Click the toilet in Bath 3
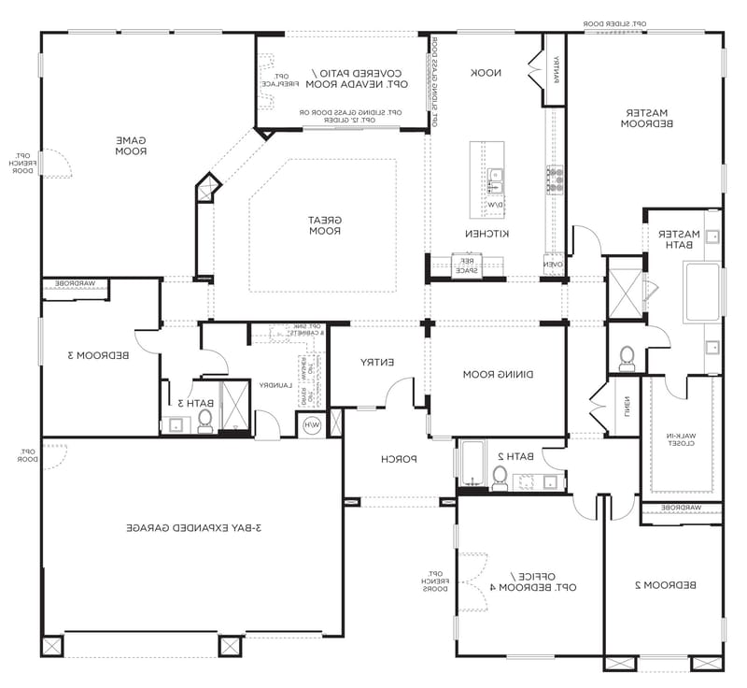coord(205,421)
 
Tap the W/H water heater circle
coord(310,424)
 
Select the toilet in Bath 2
coord(500,478)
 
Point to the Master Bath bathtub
coord(702,293)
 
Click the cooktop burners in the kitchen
coord(555,179)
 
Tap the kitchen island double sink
coord(494,179)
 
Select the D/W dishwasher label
coord(494,203)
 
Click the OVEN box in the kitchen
coord(553,265)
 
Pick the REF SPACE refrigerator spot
coord(465,265)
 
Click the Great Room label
coord(327,225)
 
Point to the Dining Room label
coord(498,374)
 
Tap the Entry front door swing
coord(402,393)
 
